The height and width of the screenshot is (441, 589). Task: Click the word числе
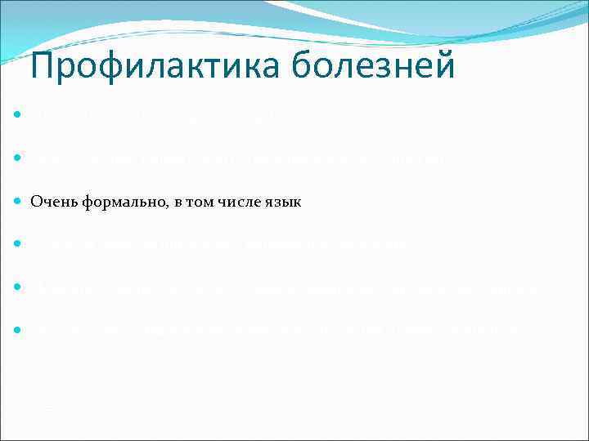coord(232,202)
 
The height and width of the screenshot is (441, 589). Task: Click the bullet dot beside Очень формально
coord(17,201)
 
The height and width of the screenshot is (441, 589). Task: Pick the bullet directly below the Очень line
coord(17,243)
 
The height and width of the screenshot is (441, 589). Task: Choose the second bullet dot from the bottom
coord(17,287)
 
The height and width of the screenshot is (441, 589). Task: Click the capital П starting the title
coord(42,65)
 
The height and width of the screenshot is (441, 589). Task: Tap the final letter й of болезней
coord(445,65)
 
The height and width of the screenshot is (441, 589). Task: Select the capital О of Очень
coord(36,202)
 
